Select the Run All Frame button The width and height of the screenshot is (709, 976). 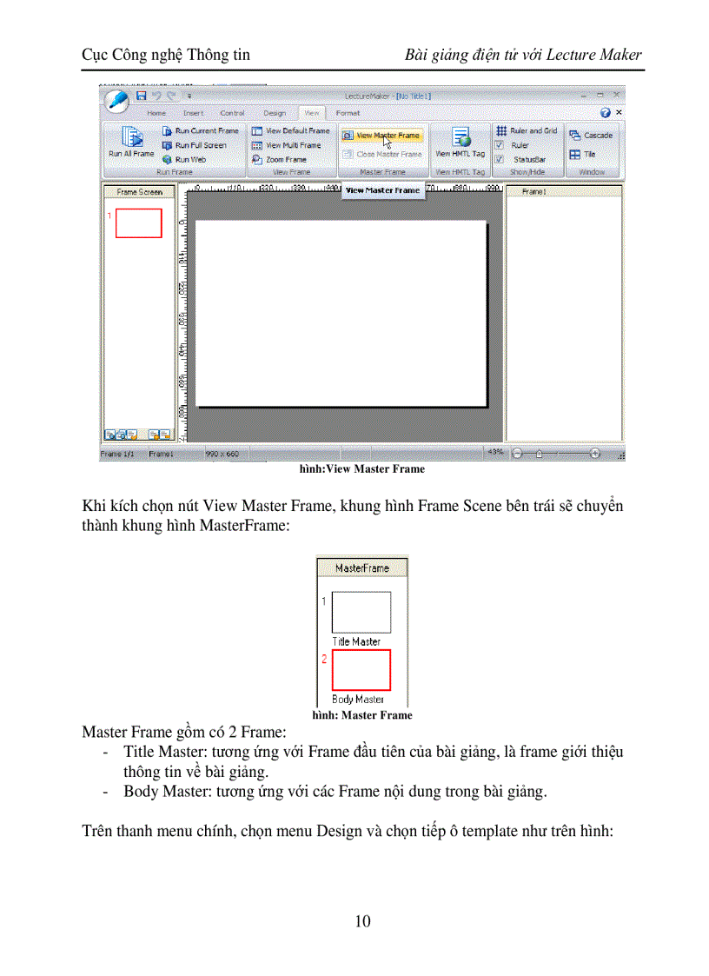point(130,143)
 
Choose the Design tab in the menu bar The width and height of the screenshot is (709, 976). point(275,113)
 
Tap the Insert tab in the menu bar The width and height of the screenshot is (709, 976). point(194,113)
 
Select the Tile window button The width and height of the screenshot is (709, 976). point(583,155)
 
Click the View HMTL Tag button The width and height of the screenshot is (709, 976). point(461,143)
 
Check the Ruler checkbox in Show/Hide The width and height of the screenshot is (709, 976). point(500,146)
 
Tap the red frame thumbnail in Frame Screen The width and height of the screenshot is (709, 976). point(138,222)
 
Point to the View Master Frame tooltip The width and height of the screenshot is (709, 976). point(382,190)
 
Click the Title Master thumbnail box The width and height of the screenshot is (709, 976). point(361,612)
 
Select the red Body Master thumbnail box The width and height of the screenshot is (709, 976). point(361,670)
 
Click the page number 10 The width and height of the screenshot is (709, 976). point(362,921)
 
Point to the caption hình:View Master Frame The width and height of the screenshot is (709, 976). point(361,469)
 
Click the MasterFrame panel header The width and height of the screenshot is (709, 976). point(361,568)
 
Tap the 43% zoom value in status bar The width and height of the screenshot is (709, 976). point(496,453)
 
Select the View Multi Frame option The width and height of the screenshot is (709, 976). point(287,145)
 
